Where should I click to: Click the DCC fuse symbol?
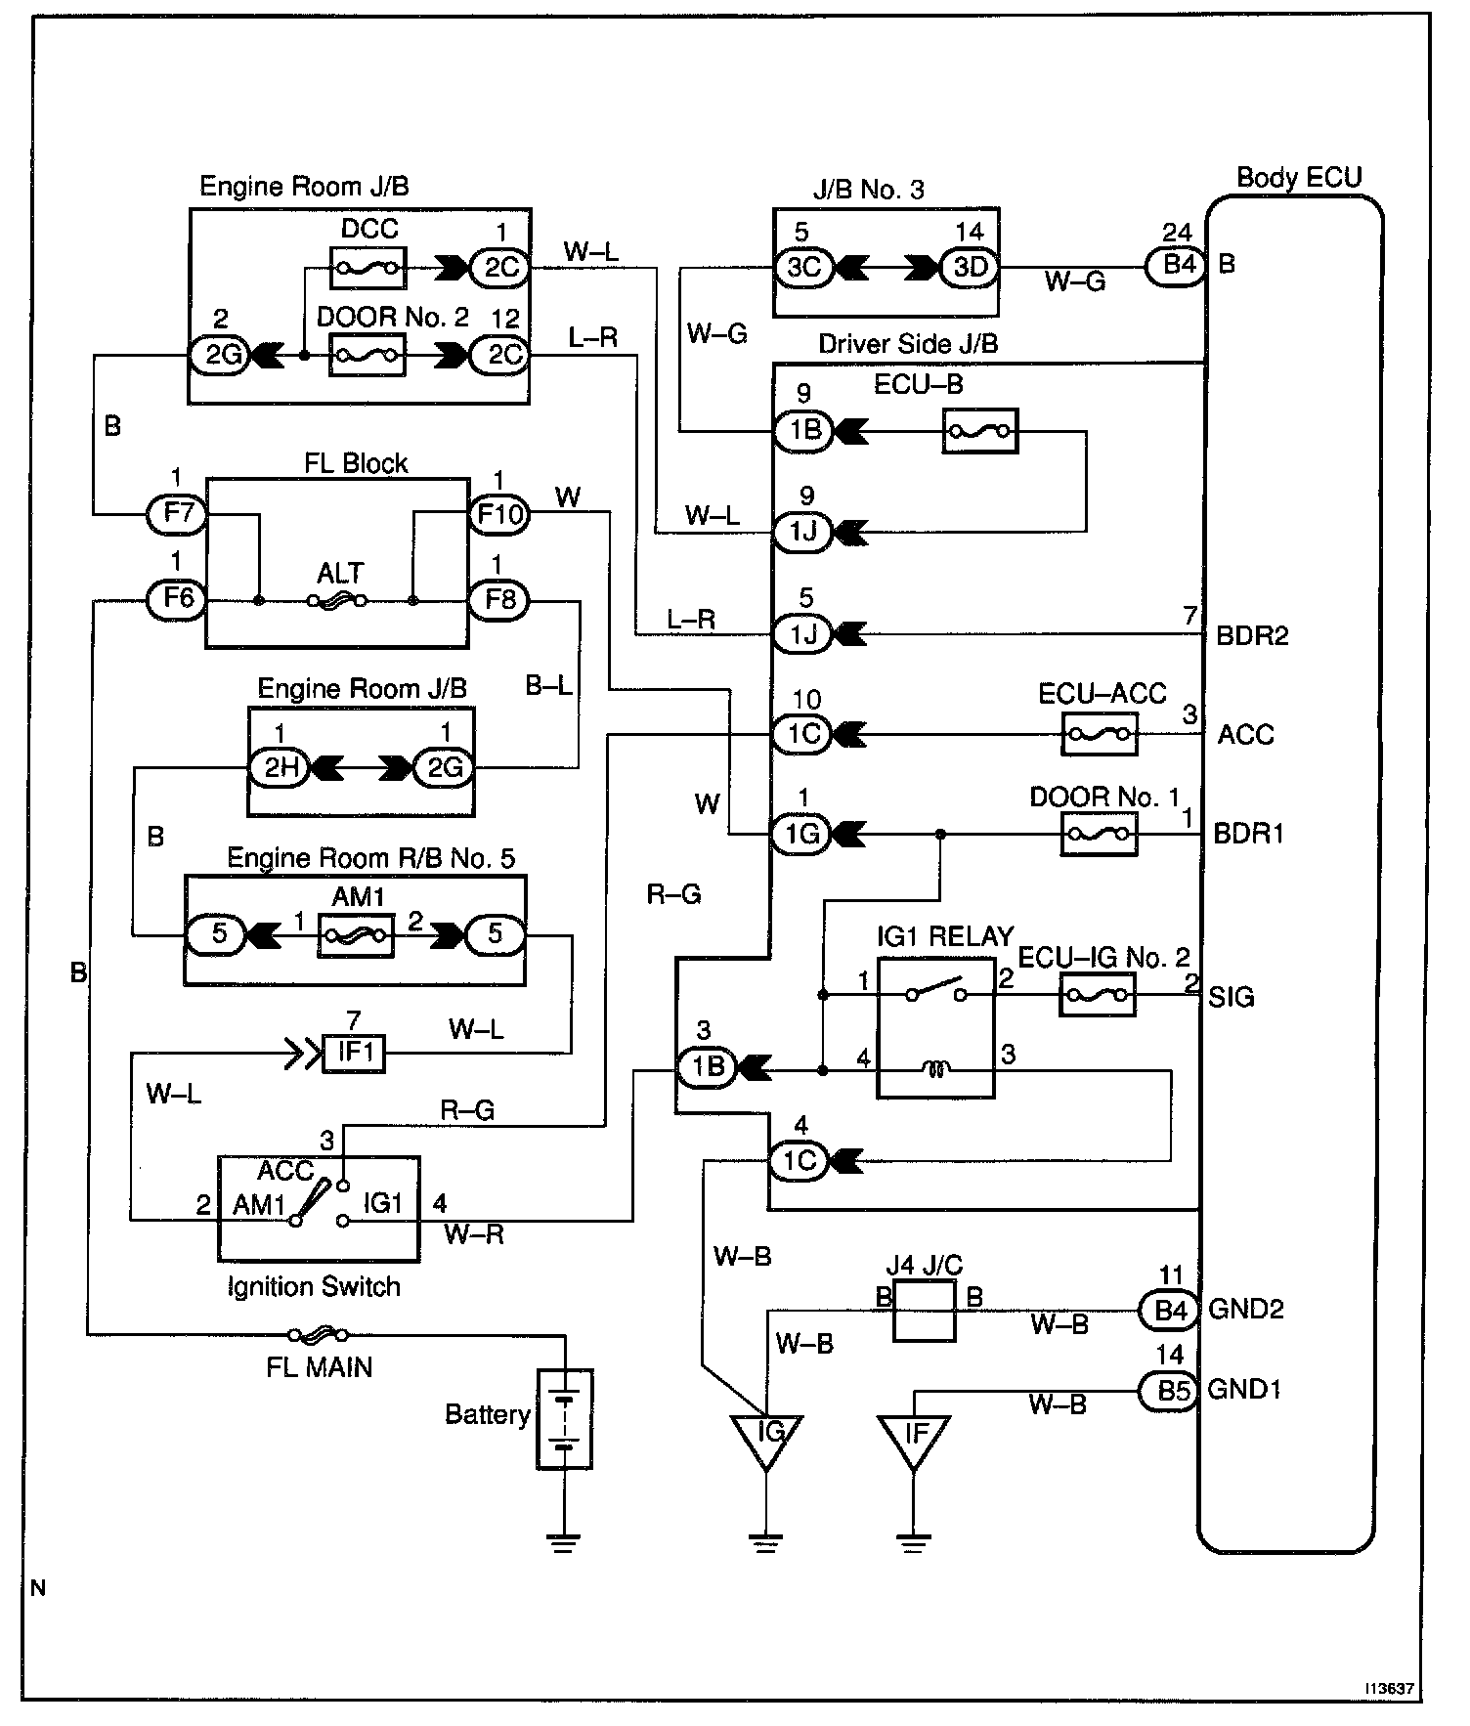point(369,266)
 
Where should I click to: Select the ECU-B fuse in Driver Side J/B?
point(980,431)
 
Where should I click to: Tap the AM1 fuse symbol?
point(356,936)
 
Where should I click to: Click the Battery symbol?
point(565,1418)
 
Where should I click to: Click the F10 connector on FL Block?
point(499,513)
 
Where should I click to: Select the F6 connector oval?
point(177,598)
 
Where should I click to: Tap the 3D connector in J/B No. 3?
point(971,267)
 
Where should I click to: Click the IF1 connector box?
point(354,1054)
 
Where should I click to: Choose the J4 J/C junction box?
point(924,1311)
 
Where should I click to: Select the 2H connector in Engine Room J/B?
point(281,768)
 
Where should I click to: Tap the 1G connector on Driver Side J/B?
point(803,835)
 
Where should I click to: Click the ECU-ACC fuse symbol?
point(1100,733)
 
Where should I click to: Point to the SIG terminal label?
point(1232,998)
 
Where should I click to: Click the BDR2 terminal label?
point(1252,636)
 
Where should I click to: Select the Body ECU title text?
point(1299,178)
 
